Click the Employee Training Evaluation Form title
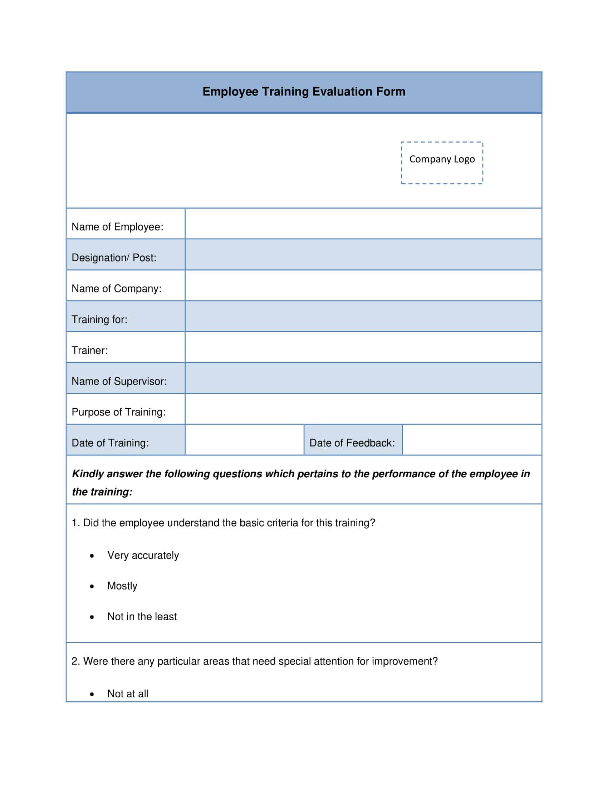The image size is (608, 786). pyautogui.click(x=304, y=92)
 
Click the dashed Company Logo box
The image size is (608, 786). pyautogui.click(x=442, y=163)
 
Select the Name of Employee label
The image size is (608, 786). pyautogui.click(x=117, y=227)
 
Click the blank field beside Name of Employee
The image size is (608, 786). pyautogui.click(x=363, y=224)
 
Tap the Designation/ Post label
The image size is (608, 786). pyautogui.click(x=114, y=258)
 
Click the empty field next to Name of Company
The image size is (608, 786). pyautogui.click(x=363, y=285)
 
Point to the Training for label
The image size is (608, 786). pyautogui.click(x=99, y=320)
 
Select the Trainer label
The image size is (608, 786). pyautogui.click(x=90, y=350)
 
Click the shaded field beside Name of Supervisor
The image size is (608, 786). pyautogui.click(x=363, y=378)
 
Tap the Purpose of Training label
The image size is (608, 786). pyautogui.click(x=118, y=412)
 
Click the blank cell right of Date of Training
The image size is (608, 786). pyautogui.click(x=244, y=440)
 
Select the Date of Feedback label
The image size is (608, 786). pyautogui.click(x=352, y=443)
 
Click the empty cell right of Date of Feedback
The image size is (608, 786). pyautogui.click(x=471, y=440)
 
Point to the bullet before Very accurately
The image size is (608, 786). pyautogui.click(x=92, y=556)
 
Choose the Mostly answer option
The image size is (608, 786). pyautogui.click(x=122, y=586)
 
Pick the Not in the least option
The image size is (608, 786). pyautogui.click(x=142, y=617)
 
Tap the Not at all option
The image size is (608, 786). pyautogui.click(x=128, y=694)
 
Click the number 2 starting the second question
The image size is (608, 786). pyautogui.click(x=74, y=661)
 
